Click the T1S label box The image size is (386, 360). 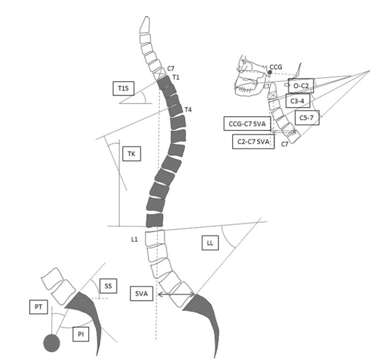click(x=124, y=89)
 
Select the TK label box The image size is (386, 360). click(x=132, y=154)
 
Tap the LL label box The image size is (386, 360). click(x=210, y=243)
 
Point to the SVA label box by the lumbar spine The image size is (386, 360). click(x=142, y=294)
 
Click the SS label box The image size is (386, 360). click(x=108, y=286)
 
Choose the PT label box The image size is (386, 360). click(x=39, y=307)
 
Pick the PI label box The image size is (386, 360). click(x=81, y=334)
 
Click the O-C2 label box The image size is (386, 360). click(x=301, y=85)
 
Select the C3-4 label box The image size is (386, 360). click(x=298, y=100)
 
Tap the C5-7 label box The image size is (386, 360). click(x=307, y=117)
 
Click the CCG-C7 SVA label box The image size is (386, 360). click(x=247, y=124)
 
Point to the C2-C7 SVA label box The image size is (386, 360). click(x=254, y=142)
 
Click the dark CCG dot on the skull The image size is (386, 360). click(x=270, y=72)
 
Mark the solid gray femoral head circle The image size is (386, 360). click(x=52, y=343)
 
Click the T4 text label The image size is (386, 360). click(x=188, y=110)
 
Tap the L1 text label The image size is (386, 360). click(x=135, y=239)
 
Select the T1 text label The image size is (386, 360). click(x=176, y=77)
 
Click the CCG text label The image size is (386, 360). click(x=276, y=67)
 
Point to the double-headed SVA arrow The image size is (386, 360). click(x=176, y=294)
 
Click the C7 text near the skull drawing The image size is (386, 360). click(x=284, y=144)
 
